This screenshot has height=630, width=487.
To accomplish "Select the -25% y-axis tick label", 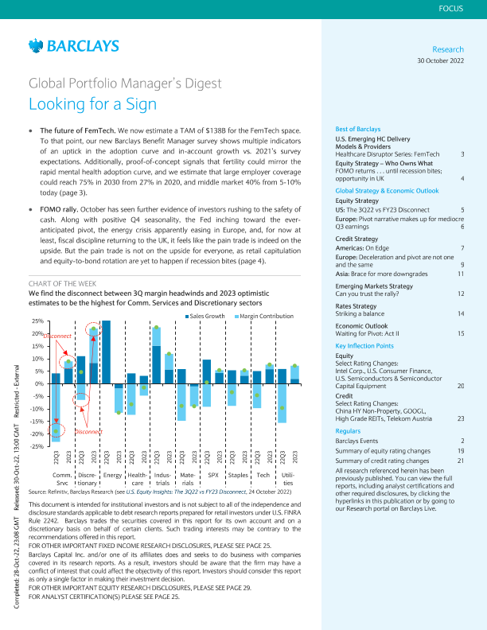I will point(36,446).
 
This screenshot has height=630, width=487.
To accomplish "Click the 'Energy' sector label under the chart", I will point(112,475).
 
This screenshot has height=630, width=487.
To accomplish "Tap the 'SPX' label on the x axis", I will point(212,475).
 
